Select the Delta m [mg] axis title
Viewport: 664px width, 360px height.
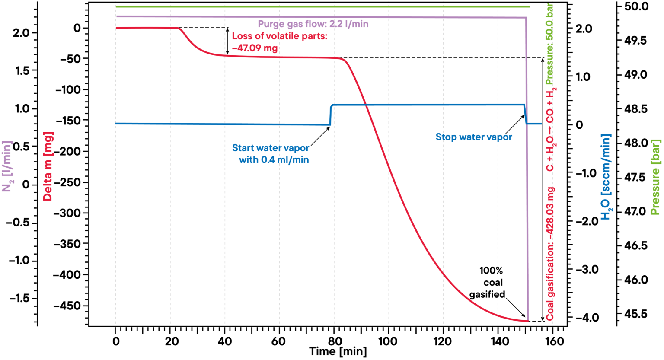click(x=48, y=166)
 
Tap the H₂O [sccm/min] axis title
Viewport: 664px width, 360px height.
click(x=606, y=177)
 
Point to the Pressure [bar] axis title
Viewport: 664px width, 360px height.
click(x=655, y=177)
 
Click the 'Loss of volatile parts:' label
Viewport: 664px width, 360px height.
click(x=279, y=36)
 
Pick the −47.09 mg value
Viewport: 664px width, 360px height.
click(x=255, y=48)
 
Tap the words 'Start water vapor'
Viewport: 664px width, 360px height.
click(x=271, y=148)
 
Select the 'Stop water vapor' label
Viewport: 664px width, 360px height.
click(x=473, y=137)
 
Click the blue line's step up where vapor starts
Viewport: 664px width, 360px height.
click(x=331, y=115)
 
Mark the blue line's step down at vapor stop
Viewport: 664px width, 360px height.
click(x=526, y=115)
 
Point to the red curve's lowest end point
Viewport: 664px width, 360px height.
click(x=528, y=321)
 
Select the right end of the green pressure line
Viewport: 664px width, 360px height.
click(x=529, y=6)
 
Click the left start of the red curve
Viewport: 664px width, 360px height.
click(x=116, y=28)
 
